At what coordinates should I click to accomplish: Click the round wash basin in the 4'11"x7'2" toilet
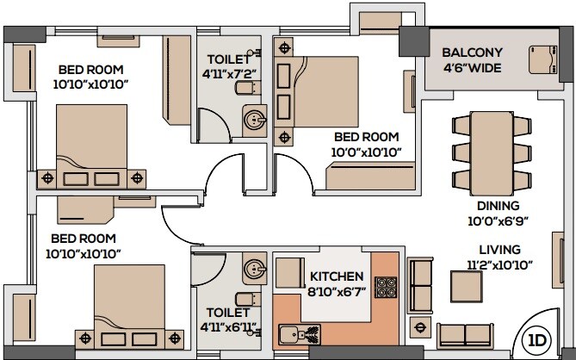[x=254, y=120]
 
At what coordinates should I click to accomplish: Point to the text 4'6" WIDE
[x=473, y=68]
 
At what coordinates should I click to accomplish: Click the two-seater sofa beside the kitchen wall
[x=419, y=283]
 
